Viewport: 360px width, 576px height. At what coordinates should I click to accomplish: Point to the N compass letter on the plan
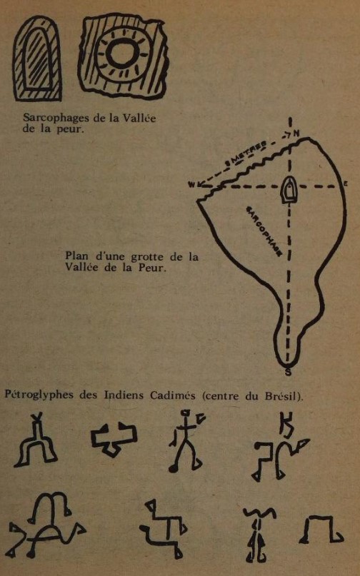296,133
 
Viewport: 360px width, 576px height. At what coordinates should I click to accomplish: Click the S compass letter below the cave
289,372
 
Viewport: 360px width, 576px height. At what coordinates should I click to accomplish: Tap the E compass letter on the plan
346,183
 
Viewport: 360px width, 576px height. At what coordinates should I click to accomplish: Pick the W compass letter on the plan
191,184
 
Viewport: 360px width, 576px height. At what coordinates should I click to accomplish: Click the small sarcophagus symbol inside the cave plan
289,190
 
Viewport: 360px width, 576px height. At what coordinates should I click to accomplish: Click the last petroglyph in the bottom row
321,530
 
